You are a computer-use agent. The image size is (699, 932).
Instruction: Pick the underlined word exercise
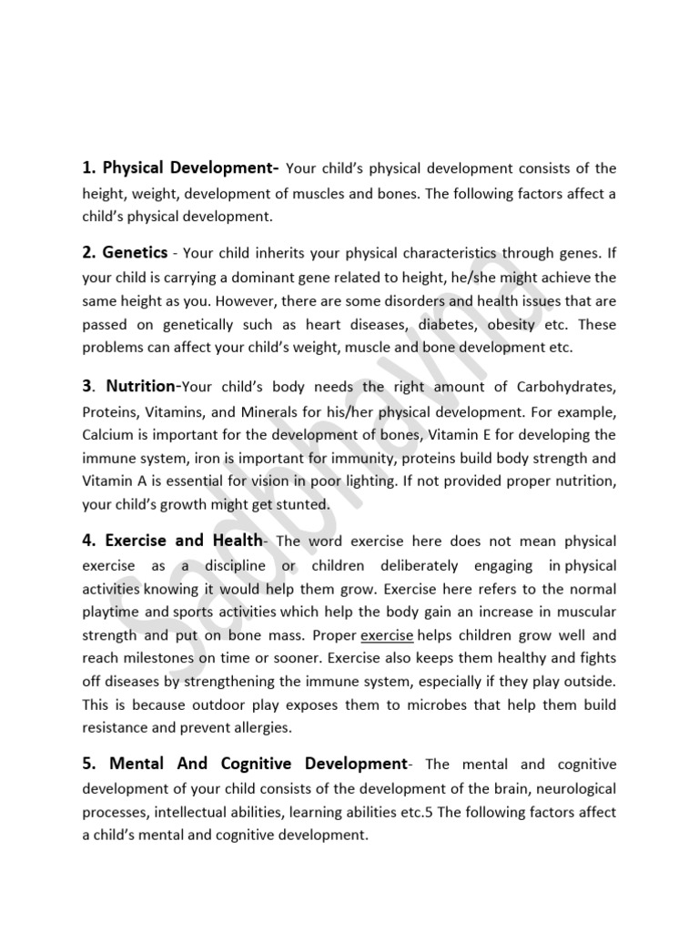[x=387, y=634]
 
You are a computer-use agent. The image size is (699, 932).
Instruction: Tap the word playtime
[x=114, y=611]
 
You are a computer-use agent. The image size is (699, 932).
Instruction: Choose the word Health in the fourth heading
[x=234, y=541]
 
